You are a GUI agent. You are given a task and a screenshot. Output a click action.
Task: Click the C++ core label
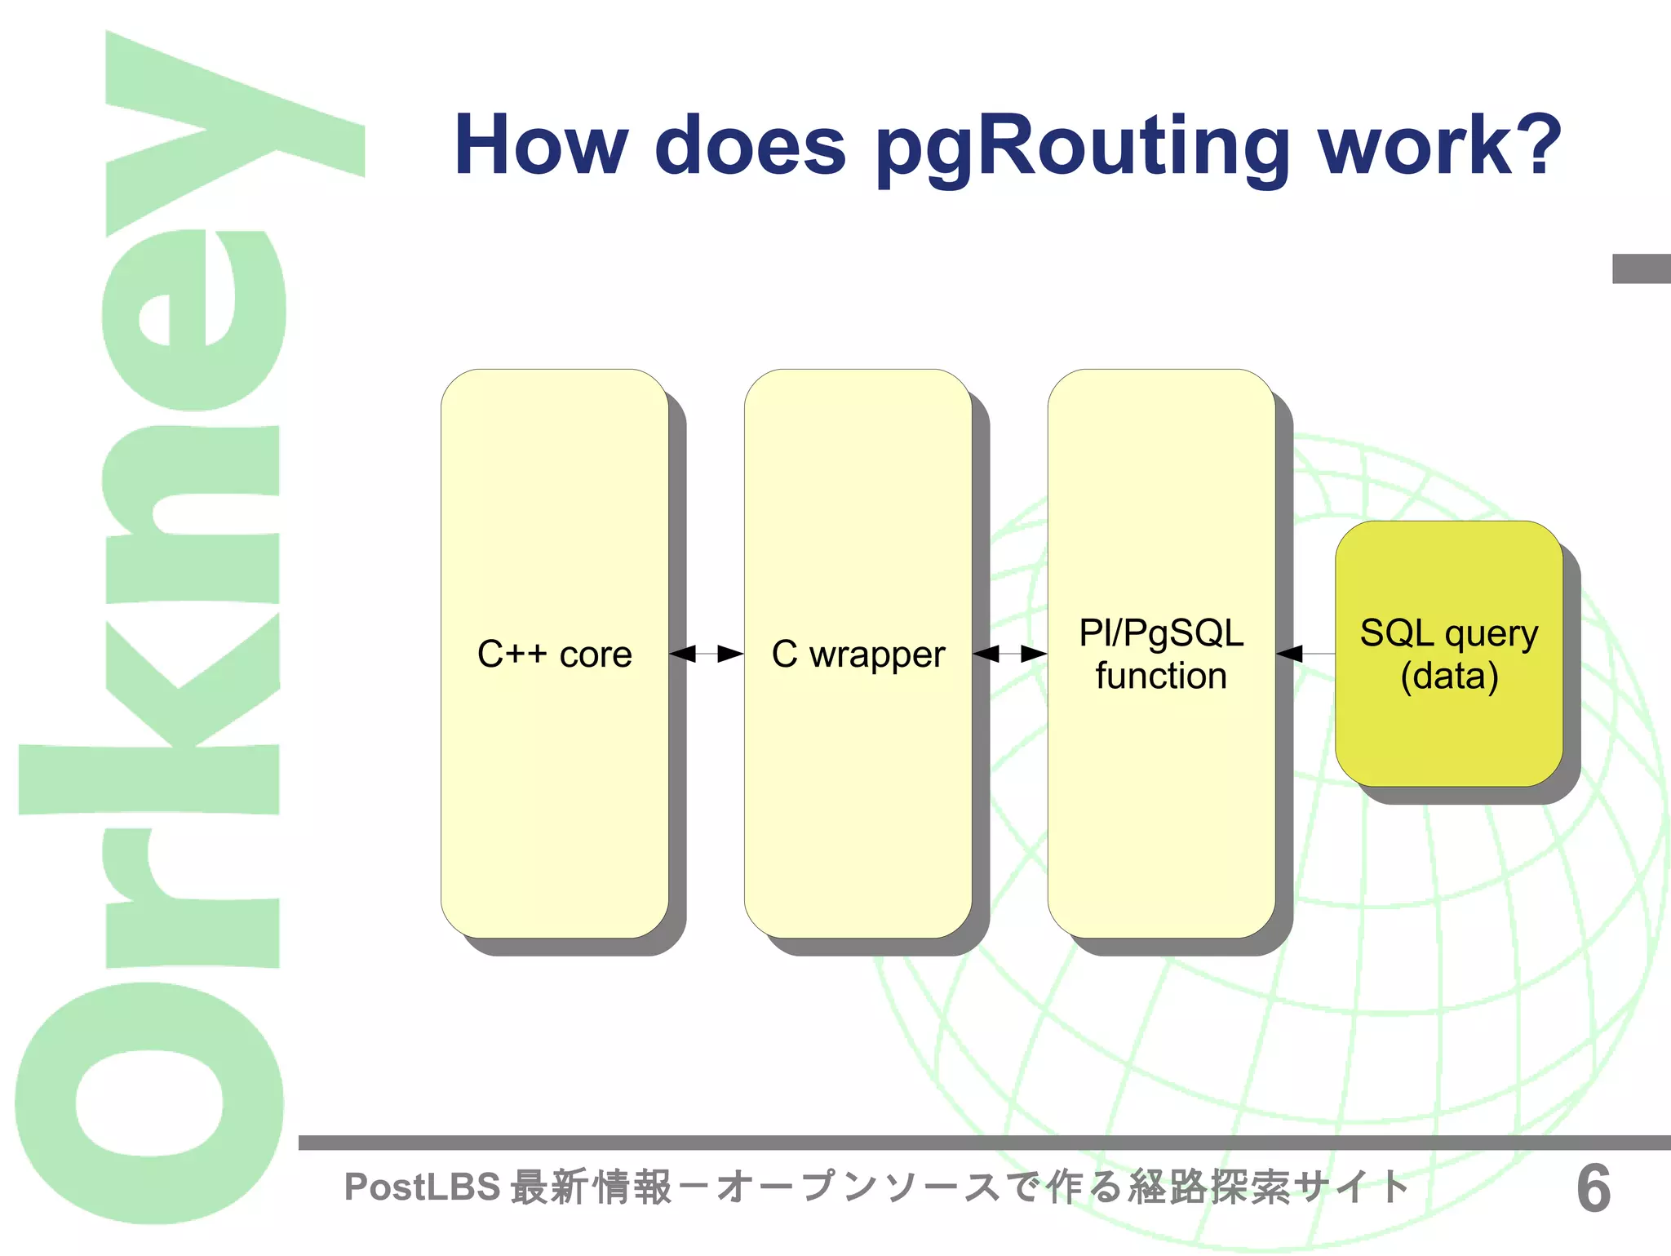pyautogui.click(x=555, y=655)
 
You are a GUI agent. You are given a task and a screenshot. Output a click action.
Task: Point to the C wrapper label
pyautogui.click(x=858, y=655)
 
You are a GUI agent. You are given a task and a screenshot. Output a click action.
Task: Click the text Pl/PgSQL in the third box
pyautogui.click(x=1161, y=633)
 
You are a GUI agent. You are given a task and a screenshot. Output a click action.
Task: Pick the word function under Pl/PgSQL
pyautogui.click(x=1161, y=677)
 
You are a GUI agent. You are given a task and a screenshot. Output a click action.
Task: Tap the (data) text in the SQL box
pyautogui.click(x=1449, y=677)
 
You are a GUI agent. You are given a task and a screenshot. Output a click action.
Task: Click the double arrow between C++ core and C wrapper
pyautogui.click(x=707, y=654)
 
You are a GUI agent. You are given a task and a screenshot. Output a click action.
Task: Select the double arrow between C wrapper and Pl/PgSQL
pyautogui.click(x=1010, y=654)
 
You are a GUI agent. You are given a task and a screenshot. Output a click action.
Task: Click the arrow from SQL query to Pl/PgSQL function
pyautogui.click(x=1304, y=654)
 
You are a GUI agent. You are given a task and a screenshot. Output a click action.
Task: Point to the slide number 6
pyautogui.click(x=1593, y=1189)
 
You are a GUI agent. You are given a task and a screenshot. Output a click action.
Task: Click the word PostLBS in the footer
pyautogui.click(x=422, y=1187)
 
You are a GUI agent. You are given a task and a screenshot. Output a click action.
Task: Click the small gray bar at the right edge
pyautogui.click(x=1641, y=269)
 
